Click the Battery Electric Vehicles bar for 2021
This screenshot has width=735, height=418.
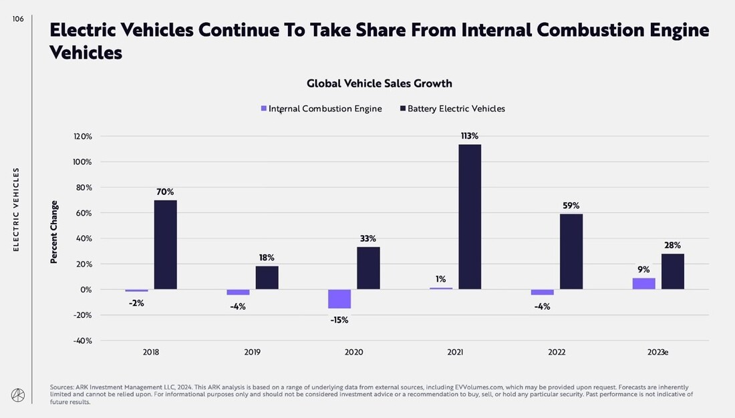470,217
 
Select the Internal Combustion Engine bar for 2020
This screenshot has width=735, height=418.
339,299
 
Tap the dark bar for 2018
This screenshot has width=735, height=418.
166,244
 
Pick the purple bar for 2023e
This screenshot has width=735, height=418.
643,284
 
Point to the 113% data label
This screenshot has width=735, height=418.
469,136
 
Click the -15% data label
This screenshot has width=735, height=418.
339,320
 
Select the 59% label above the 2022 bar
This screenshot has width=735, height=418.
571,206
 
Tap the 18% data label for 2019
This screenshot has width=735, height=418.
267,258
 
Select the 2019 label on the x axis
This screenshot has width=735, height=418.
253,352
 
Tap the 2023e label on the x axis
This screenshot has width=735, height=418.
657,352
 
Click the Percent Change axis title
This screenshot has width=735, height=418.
54,232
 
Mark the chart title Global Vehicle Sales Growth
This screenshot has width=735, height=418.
379,83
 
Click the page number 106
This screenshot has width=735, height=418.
18,19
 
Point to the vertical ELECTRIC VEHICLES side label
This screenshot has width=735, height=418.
17,210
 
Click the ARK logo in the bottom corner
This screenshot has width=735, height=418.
17,395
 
